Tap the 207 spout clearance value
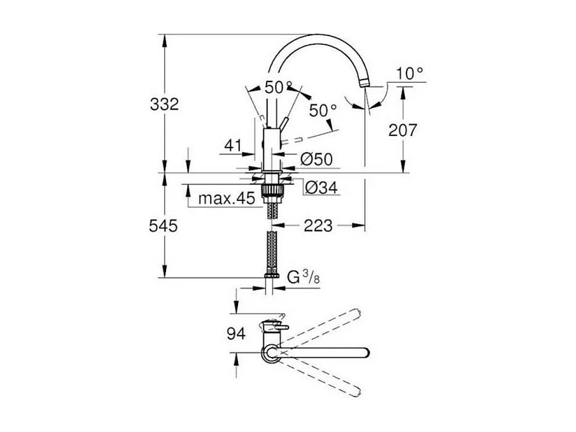(x=402, y=131)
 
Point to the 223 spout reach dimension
(x=318, y=225)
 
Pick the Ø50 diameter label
(x=316, y=158)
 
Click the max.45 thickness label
(x=226, y=199)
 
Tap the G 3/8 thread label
(x=304, y=278)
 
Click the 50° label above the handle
(x=279, y=87)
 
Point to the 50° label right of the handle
(x=323, y=110)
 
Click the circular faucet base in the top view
(x=270, y=352)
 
